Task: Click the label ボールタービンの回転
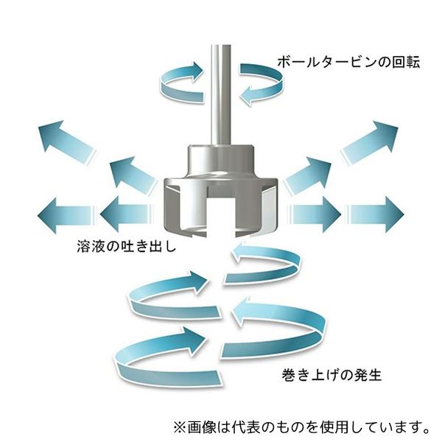click(348, 62)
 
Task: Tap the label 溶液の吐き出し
click(127, 246)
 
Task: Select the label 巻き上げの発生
click(331, 375)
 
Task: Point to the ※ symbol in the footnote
click(180, 427)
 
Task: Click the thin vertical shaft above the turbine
click(221, 95)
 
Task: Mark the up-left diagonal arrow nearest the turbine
click(130, 175)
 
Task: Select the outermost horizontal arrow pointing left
click(66, 215)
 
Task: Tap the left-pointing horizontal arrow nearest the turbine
click(125, 215)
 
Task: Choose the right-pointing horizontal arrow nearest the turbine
click(315, 215)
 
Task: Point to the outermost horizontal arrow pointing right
click(376, 215)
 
